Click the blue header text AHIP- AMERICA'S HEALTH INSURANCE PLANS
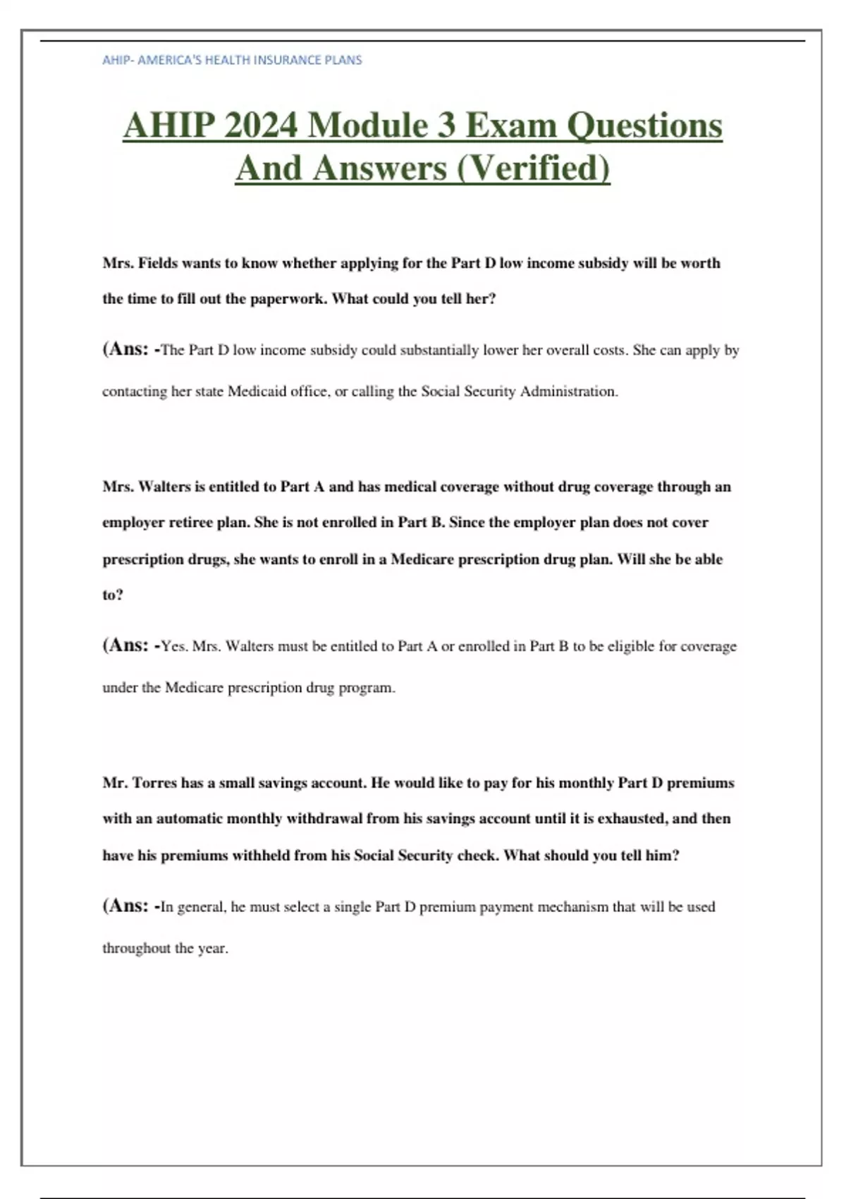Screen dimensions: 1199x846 (x=232, y=60)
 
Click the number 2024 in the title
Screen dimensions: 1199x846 (x=261, y=126)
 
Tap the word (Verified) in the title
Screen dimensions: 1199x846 (x=534, y=168)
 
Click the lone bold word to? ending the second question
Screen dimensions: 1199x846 (x=113, y=595)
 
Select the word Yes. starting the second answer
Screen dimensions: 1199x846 (x=174, y=646)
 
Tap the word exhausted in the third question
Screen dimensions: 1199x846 (x=632, y=819)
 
